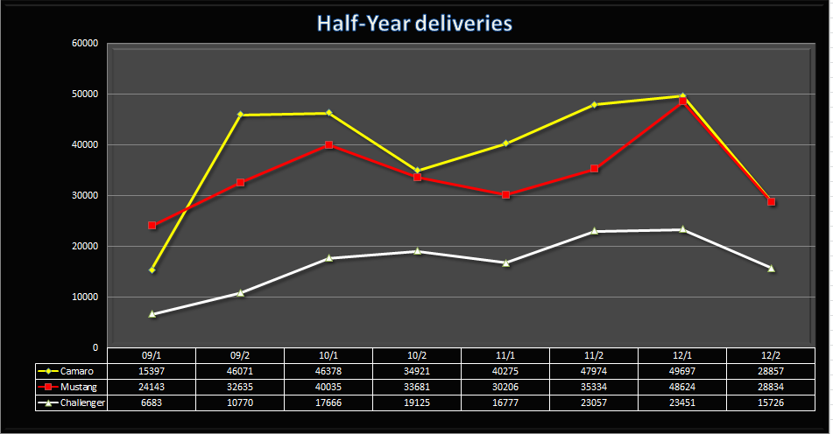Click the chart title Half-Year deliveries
pos(416,24)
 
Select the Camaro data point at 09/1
pos(152,269)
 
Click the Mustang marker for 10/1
pos(329,144)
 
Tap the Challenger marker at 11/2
pos(595,231)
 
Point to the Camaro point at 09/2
pos(241,115)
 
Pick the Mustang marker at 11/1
pos(506,194)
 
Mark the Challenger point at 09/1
pos(152,313)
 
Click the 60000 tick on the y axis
pos(84,44)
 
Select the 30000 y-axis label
pos(84,196)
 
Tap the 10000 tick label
pos(84,297)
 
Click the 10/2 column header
pos(417,356)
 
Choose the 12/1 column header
pos(682,356)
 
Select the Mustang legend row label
pos(80,388)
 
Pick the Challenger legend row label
pos(84,403)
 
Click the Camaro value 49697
pos(682,372)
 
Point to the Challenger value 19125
pos(417,403)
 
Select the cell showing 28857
pos(771,372)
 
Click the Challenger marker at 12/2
pos(772,268)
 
